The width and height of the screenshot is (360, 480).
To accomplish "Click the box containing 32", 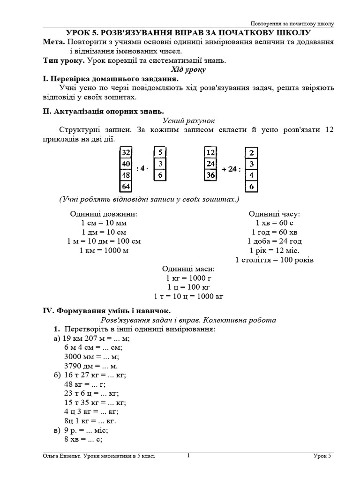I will (x=126, y=153).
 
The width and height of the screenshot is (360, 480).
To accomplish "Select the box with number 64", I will (x=126, y=186).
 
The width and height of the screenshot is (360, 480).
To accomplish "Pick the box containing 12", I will (x=210, y=153).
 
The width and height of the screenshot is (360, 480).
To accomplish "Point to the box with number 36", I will (x=210, y=175).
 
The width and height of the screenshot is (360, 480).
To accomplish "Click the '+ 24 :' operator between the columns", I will (x=231, y=169).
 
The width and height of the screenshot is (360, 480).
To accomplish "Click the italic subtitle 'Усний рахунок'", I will (x=188, y=120).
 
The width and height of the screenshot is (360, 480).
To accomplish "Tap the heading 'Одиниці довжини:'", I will (x=104, y=214).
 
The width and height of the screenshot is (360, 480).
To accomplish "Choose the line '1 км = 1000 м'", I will (x=104, y=250).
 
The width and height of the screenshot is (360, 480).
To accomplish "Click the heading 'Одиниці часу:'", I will (x=274, y=214).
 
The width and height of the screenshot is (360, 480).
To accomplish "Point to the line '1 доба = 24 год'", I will (x=274, y=241).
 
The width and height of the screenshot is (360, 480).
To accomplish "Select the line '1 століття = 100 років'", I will (x=274, y=260).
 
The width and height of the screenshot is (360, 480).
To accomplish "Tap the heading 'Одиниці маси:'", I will (x=188, y=269).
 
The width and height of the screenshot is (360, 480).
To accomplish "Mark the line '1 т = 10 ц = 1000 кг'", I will (x=188, y=296).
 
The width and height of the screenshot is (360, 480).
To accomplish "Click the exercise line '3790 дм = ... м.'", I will (x=91, y=366).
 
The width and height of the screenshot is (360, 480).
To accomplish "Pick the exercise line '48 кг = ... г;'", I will (x=84, y=384).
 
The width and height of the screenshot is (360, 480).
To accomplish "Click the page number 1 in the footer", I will (x=188, y=455).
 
